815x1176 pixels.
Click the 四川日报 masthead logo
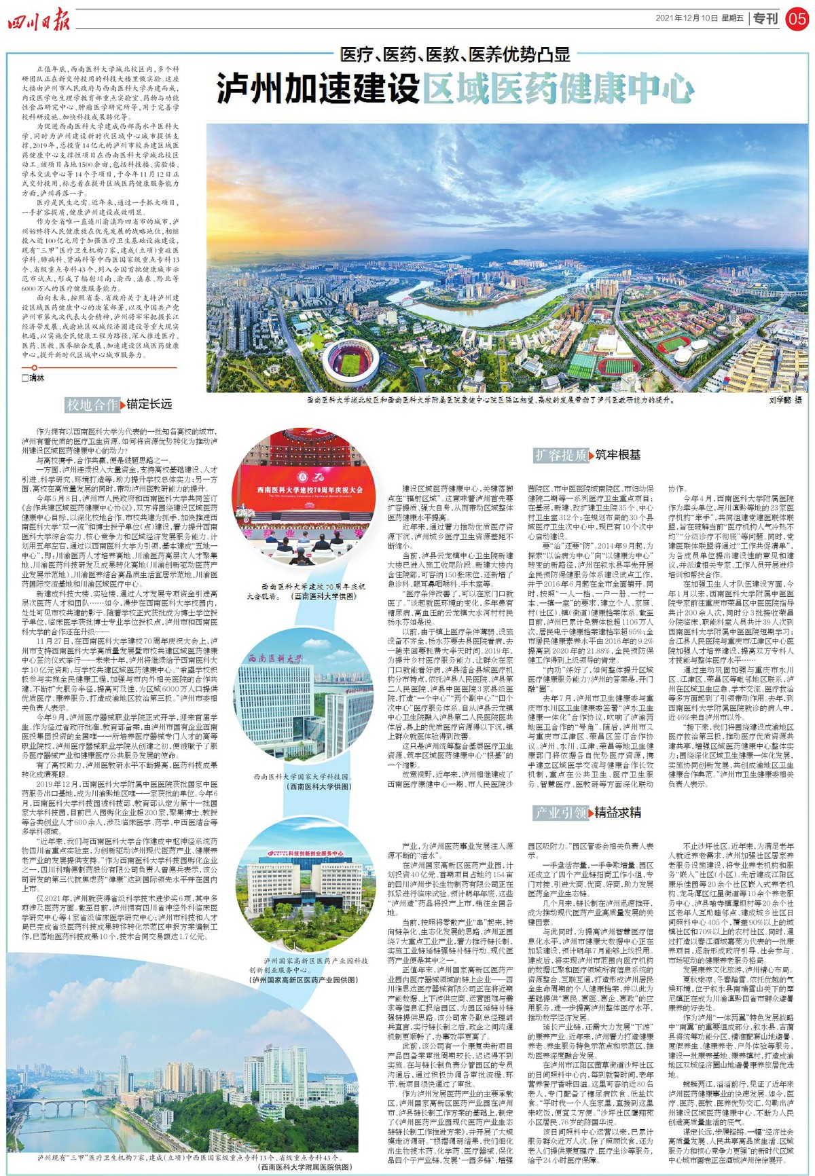point(39,20)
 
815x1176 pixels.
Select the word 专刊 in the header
point(765,18)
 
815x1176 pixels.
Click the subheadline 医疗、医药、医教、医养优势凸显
point(455,54)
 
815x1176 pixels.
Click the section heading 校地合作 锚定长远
point(119,405)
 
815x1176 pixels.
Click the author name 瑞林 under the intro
point(35,378)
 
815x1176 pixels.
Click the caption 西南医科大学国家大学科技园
point(301,777)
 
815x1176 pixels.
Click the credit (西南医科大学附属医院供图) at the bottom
point(306,1166)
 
